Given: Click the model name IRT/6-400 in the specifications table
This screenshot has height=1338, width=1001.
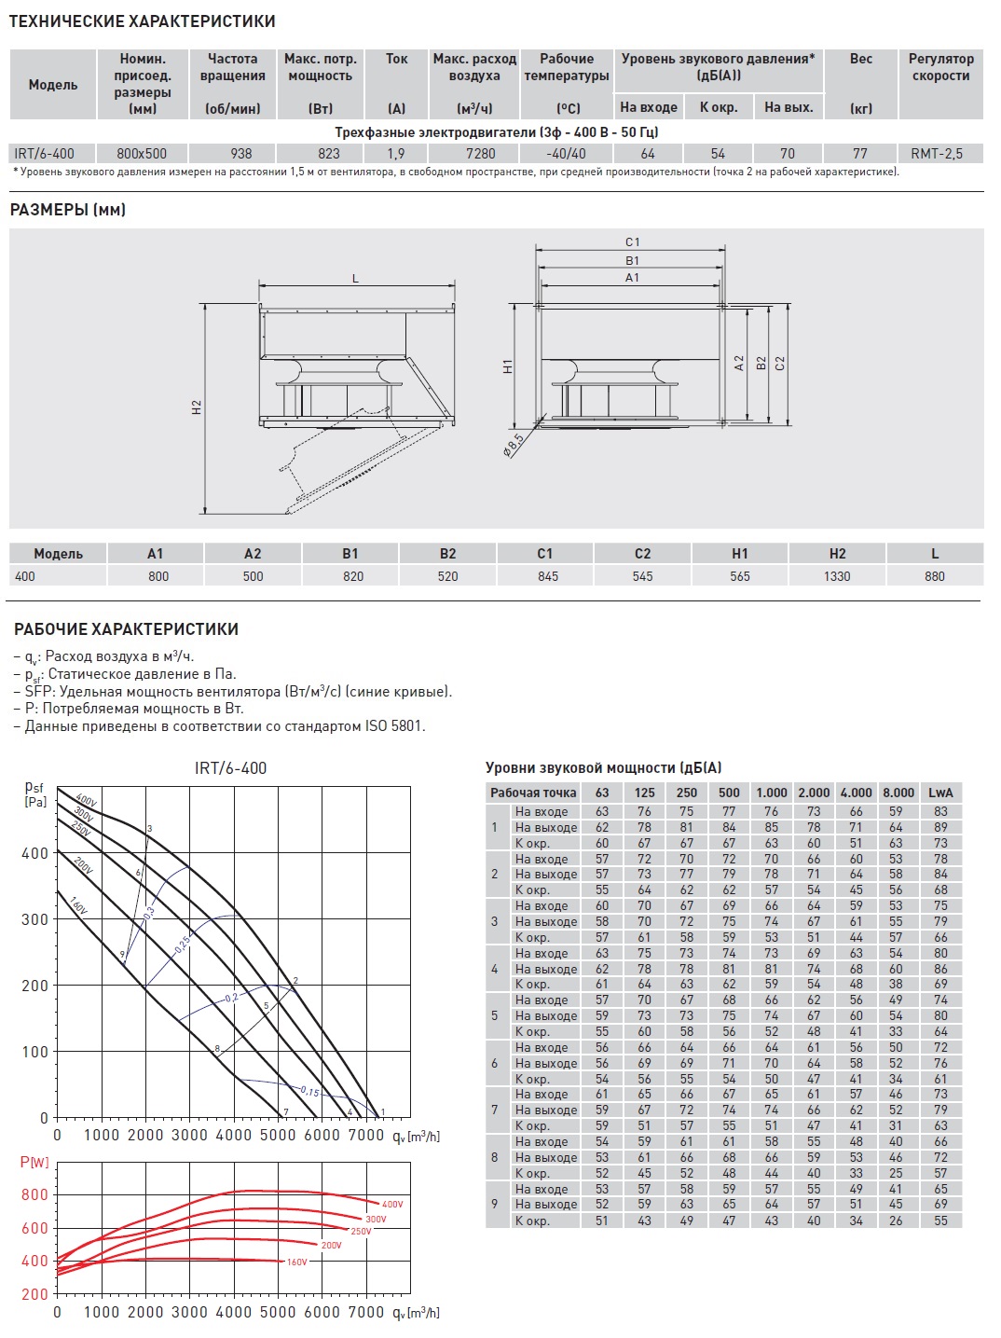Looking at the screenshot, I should tap(44, 154).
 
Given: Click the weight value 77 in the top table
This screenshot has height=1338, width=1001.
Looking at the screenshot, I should tap(859, 154).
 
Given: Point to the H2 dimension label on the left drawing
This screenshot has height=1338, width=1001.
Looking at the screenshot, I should tap(197, 407).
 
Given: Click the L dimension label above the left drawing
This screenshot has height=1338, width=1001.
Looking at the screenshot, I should tap(355, 279).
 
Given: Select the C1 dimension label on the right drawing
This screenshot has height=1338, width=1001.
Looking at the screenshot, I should tap(632, 242).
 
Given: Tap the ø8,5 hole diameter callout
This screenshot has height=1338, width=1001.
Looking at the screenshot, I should tap(513, 445).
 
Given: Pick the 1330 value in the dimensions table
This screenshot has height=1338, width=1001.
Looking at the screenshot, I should tap(836, 576).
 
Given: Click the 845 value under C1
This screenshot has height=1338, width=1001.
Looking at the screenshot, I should tap(548, 576).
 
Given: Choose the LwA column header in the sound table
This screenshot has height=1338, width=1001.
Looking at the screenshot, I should tap(940, 793).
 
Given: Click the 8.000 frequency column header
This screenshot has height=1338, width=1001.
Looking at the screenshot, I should tap(898, 793).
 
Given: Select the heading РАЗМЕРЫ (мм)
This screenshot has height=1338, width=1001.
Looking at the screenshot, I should tap(68, 210).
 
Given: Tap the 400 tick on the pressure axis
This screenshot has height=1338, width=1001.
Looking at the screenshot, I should tap(34, 853).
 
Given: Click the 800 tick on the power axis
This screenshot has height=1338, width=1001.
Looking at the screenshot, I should tap(34, 1194).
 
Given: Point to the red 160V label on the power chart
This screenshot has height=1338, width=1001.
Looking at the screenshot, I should tap(296, 1262).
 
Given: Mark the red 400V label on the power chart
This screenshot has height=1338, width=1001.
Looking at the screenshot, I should tap(392, 1205).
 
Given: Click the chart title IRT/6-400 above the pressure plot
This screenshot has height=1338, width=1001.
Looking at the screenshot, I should tap(230, 768).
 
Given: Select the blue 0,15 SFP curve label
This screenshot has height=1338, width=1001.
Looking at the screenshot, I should tap(309, 1092).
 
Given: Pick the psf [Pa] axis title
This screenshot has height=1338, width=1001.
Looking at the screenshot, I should tap(34, 794).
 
